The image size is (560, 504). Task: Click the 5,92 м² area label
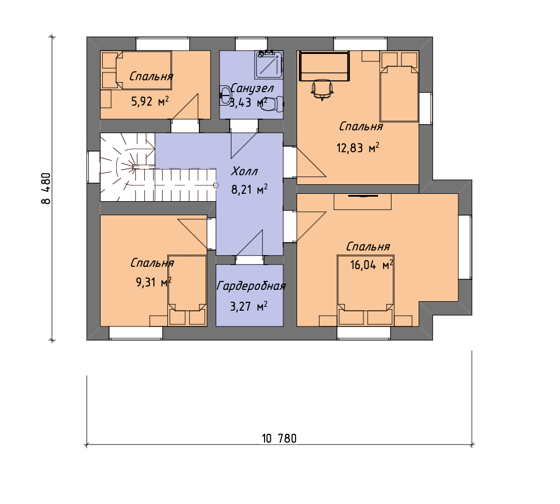[150, 102]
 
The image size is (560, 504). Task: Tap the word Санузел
[252, 88]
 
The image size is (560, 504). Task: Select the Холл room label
[244, 171]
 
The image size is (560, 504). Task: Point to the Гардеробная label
[251, 286]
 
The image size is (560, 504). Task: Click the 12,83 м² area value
[358, 148]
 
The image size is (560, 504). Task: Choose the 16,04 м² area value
[371, 265]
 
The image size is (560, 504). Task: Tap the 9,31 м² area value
[153, 282]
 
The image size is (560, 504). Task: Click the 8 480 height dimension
[46, 188]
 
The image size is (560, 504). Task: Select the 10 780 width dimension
[279, 438]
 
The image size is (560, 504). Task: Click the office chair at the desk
[322, 89]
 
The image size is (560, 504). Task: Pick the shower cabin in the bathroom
[268, 65]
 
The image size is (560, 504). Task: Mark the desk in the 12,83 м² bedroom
[324, 66]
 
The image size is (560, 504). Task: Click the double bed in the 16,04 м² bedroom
[366, 290]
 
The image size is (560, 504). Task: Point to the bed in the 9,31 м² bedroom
[187, 290]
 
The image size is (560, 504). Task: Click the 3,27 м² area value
[249, 306]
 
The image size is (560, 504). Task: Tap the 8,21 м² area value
[249, 189]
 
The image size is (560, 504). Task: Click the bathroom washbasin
[225, 95]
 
